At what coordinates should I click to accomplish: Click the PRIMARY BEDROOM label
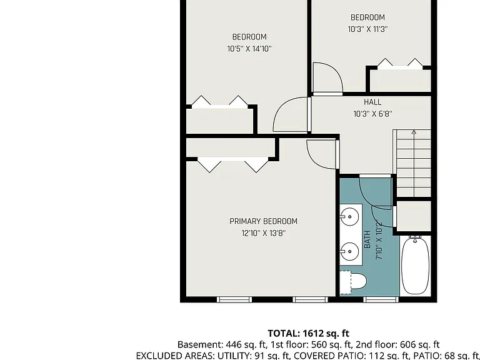coord(263,221)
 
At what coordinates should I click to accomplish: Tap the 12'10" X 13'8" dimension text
coord(263,233)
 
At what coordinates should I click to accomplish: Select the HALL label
coord(372,102)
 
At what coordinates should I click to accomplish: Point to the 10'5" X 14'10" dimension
coord(249,49)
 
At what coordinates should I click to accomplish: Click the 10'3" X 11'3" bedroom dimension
coord(367,29)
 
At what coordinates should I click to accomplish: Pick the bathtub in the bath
coord(415,266)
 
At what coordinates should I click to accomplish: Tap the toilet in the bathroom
coord(354,282)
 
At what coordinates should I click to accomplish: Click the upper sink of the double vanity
coord(349,217)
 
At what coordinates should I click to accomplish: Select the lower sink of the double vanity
coord(349,252)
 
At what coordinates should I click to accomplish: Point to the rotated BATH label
coord(367,239)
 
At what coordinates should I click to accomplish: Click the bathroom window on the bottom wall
coord(381,299)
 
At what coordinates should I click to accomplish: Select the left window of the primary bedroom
coord(234,299)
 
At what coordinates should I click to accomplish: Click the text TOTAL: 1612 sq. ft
coord(309,333)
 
